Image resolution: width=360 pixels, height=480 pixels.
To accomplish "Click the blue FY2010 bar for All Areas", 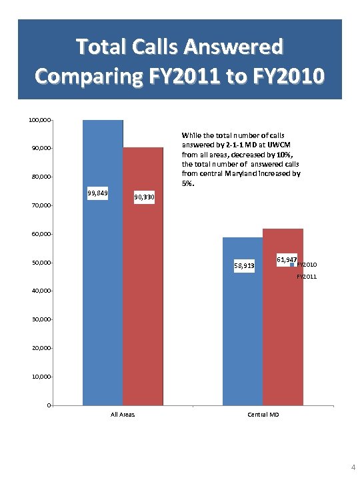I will click(103, 300).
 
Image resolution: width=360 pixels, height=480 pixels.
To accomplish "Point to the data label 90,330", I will click(144, 197).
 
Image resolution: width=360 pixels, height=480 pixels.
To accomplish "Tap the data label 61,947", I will click(287, 258).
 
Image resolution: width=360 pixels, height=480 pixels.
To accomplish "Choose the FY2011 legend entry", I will click(307, 275).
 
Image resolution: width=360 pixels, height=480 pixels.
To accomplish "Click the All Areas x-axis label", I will click(123, 415).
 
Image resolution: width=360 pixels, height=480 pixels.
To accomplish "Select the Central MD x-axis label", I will click(263, 415).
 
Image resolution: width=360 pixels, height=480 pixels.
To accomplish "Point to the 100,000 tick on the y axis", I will click(39, 120).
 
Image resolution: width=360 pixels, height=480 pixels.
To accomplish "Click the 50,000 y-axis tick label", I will click(41, 263).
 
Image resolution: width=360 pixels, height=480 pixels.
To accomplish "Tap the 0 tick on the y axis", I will click(49, 405).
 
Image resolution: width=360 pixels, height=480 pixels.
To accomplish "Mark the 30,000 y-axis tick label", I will click(41, 320).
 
